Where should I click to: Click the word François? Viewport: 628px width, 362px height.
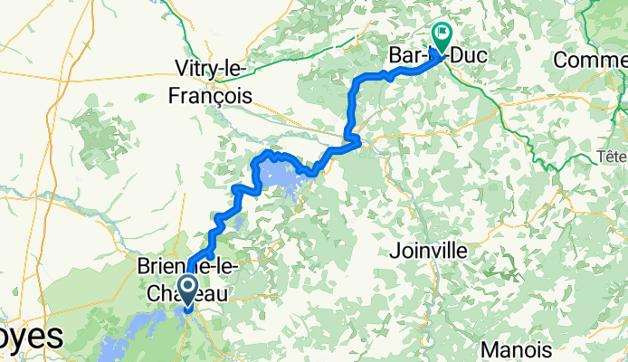(x=214, y=94)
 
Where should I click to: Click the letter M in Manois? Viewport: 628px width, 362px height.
(x=490, y=348)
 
